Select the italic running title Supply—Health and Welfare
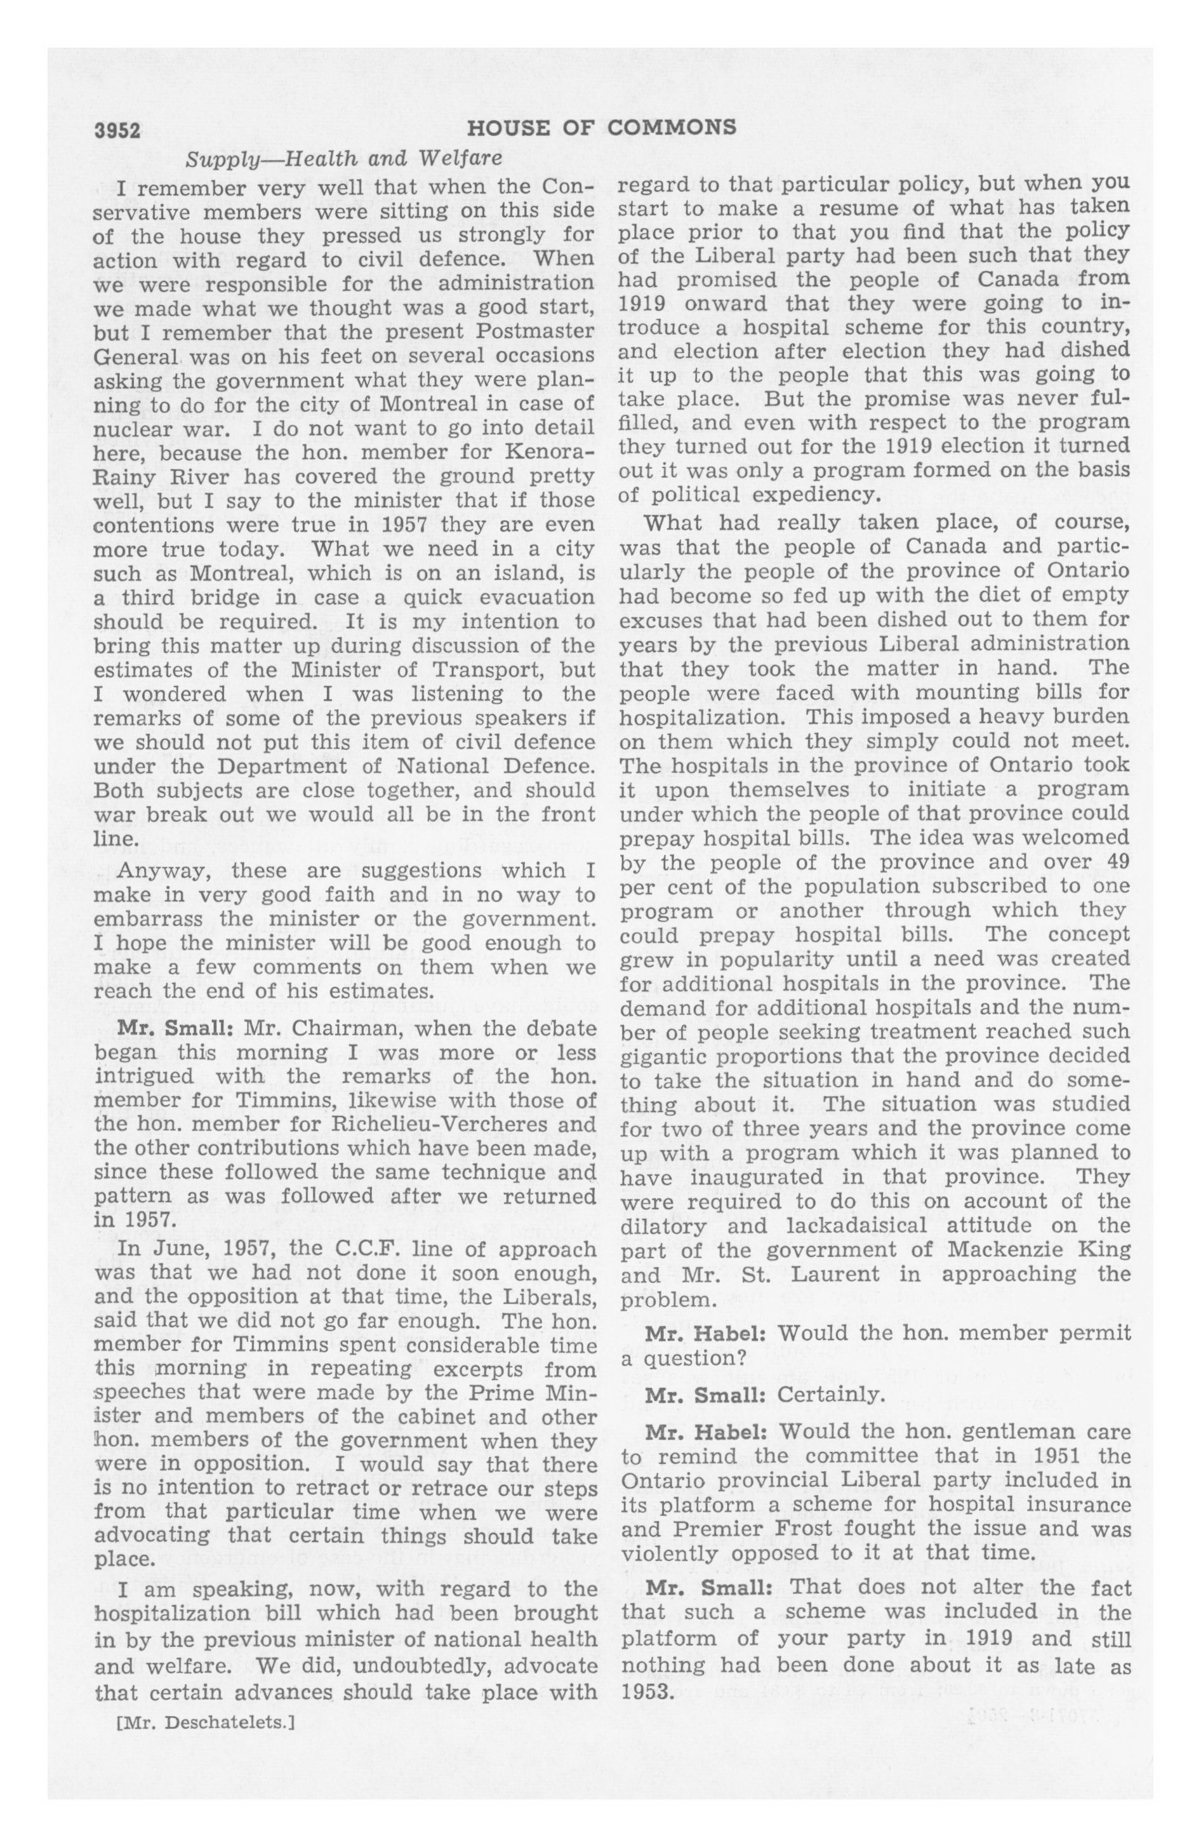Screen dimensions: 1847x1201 [x=343, y=159]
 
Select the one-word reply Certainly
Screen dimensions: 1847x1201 [x=831, y=1395]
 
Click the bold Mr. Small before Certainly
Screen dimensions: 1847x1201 [x=705, y=1395]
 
